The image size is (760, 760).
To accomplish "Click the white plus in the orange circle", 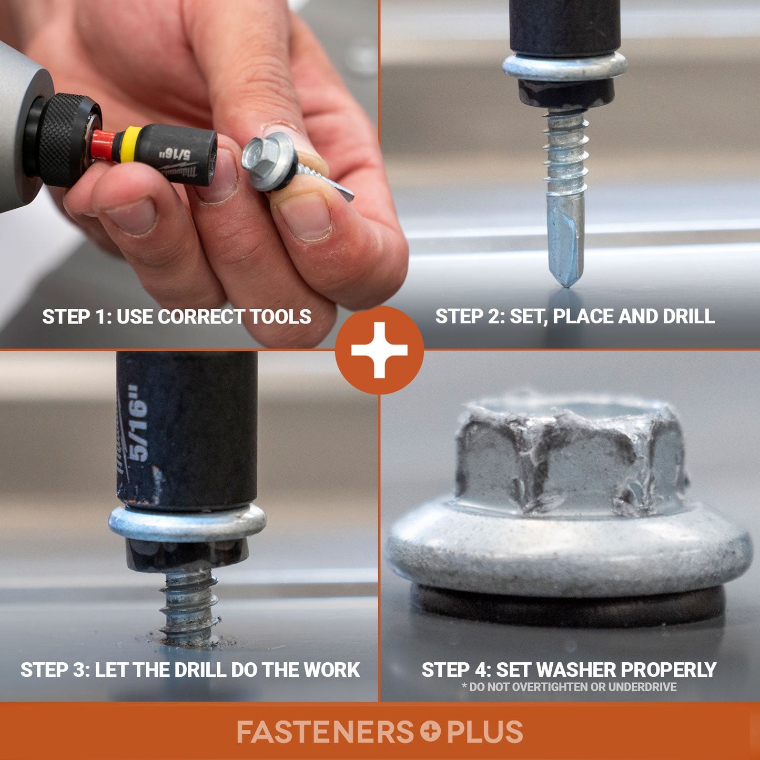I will point(379,350).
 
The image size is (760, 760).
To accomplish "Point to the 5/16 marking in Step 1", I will point(176,155).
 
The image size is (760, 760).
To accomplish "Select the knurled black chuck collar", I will point(68,139).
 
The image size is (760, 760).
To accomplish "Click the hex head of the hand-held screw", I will point(261,152).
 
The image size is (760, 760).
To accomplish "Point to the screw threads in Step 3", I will point(189,605).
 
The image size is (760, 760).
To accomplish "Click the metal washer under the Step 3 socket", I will point(187,524).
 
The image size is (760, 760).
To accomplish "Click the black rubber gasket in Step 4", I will point(568,608).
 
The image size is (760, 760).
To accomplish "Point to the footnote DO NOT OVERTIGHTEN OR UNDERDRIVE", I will point(569,687).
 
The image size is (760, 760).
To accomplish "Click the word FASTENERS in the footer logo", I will point(325,732).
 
